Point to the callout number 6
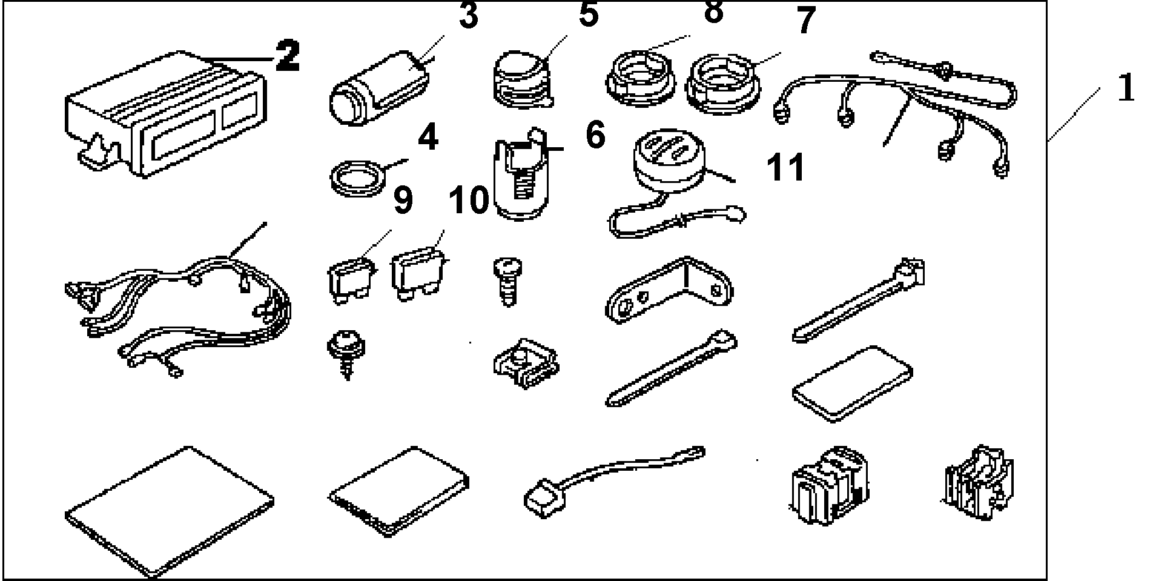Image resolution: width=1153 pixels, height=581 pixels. click(x=595, y=135)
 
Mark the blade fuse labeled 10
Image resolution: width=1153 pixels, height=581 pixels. click(x=419, y=276)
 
